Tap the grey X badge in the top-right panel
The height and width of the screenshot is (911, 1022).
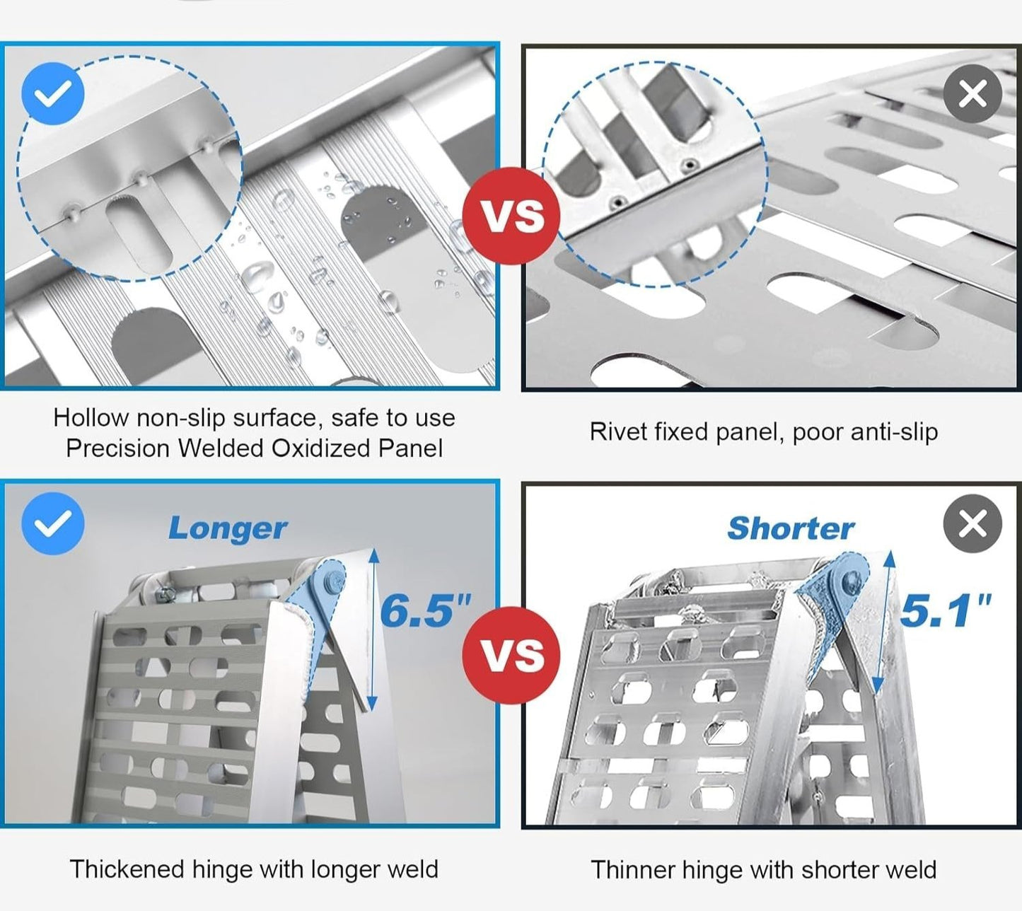972,94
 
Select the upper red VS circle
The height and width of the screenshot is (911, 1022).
511,216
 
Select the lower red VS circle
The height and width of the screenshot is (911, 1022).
511,655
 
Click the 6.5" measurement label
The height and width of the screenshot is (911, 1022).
425,610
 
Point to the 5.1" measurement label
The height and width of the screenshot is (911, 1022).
946,610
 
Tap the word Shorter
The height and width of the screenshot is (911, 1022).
791,528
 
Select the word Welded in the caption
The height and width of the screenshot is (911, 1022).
221,448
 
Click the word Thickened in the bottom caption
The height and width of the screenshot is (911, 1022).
127,869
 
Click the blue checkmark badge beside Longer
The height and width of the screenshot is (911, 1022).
52,523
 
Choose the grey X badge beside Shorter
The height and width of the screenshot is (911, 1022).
972,523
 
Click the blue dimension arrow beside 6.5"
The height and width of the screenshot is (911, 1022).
373,630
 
